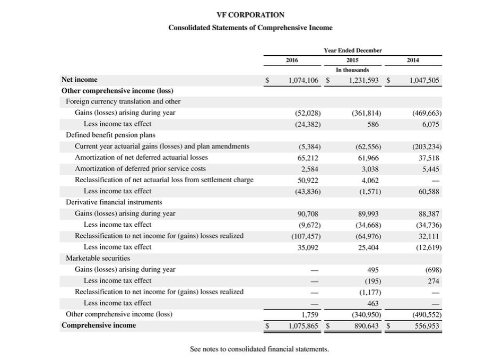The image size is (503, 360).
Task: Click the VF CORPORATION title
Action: [250, 15]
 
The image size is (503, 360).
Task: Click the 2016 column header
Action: [291, 61]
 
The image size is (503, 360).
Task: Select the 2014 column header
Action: [413, 61]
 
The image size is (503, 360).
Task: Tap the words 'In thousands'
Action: [352, 70]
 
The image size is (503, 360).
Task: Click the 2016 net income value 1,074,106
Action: [303, 80]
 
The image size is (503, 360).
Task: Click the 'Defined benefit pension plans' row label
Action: [110, 135]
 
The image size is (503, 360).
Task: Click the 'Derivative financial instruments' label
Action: [114, 202]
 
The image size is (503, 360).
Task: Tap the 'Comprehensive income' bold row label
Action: [99, 325]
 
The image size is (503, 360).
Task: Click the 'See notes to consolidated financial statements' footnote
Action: [259, 349]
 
